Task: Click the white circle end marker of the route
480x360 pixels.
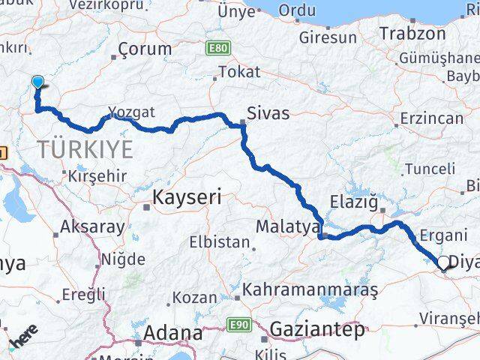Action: (x=443, y=263)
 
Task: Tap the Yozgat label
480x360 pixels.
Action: (x=131, y=112)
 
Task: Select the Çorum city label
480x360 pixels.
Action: (x=145, y=50)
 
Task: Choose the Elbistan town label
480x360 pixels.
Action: (x=219, y=243)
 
